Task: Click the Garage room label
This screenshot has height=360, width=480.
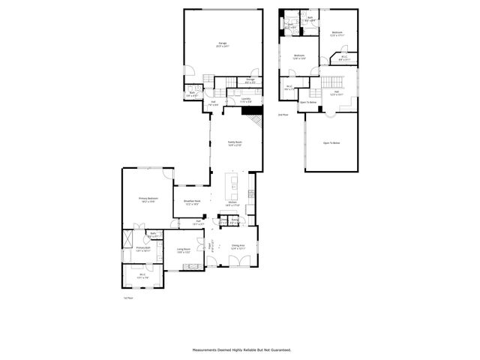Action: pos(222,44)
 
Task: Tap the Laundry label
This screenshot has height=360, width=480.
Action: pos(246,99)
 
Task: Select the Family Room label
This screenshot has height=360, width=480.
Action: pos(235,143)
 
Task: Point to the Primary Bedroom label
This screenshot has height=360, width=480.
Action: pos(147,199)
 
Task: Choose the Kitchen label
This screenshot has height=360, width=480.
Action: pos(232,203)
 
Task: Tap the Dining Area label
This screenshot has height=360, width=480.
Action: pos(239,246)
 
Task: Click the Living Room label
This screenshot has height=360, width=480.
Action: pos(184,250)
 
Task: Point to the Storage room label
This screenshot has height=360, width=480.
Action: pos(250,80)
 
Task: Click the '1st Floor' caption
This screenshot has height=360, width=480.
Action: pos(127,298)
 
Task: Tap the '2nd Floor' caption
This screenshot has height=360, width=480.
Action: pos(283,115)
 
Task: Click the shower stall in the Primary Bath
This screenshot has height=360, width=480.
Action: pos(127,238)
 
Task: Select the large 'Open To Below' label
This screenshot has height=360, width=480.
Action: pos(331,142)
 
